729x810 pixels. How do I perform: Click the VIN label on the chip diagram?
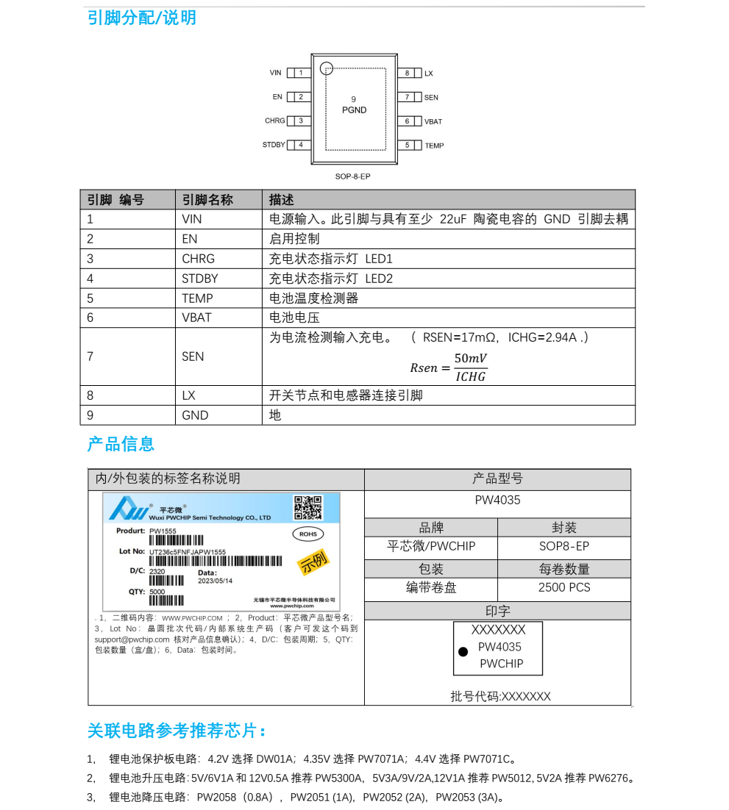(x=275, y=74)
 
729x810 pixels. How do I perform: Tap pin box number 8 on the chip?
(x=407, y=74)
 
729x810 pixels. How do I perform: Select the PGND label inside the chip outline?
(x=354, y=110)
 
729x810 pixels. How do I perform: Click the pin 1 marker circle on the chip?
(x=327, y=69)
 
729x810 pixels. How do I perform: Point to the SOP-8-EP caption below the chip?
(x=353, y=176)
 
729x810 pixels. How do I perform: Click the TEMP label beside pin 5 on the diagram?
(x=434, y=146)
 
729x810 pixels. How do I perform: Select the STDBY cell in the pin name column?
(x=200, y=279)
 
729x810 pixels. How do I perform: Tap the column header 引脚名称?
(x=207, y=200)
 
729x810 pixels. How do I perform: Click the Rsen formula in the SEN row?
(x=448, y=367)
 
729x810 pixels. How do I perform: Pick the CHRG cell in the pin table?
(x=199, y=259)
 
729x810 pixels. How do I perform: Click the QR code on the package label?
(x=308, y=507)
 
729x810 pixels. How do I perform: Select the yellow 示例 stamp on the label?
(x=313, y=562)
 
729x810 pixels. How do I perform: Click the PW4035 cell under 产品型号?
(x=497, y=501)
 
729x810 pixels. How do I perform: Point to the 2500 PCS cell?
(x=564, y=587)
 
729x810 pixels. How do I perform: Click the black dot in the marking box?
(x=463, y=652)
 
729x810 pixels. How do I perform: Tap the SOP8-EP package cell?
(x=564, y=546)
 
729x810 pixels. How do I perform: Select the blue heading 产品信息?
(x=121, y=444)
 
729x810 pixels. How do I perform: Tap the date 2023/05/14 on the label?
(x=216, y=581)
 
